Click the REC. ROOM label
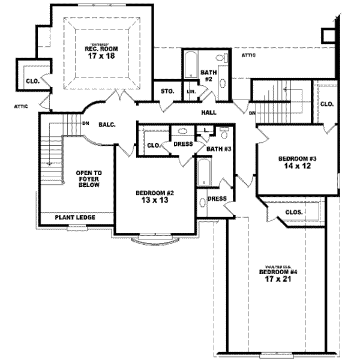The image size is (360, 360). (101, 49)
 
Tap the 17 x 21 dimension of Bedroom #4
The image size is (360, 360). (278, 279)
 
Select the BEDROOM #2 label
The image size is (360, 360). (154, 193)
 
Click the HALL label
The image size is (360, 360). (209, 112)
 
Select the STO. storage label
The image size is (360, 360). (167, 91)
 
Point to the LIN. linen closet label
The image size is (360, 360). (191, 91)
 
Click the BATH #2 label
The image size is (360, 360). (206, 76)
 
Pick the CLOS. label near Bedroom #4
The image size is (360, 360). (293, 212)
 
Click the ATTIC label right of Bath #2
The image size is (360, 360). (248, 55)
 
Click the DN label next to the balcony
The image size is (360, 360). (86, 123)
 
